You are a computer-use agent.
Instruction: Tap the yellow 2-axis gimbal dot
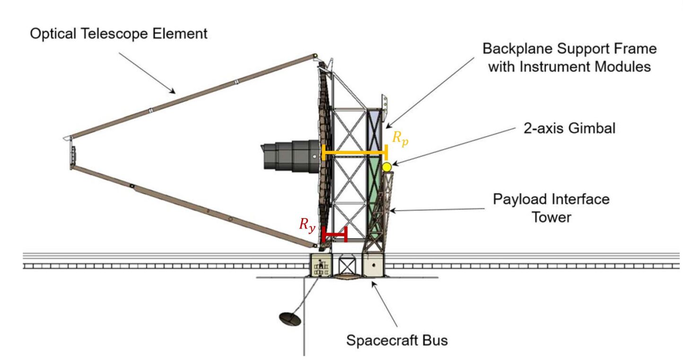click(x=387, y=167)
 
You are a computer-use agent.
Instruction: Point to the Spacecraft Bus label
click(x=397, y=340)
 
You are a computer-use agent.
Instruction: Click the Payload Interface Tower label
click(x=551, y=208)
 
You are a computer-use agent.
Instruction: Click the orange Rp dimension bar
click(x=354, y=152)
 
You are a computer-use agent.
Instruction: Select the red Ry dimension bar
click(x=334, y=234)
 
